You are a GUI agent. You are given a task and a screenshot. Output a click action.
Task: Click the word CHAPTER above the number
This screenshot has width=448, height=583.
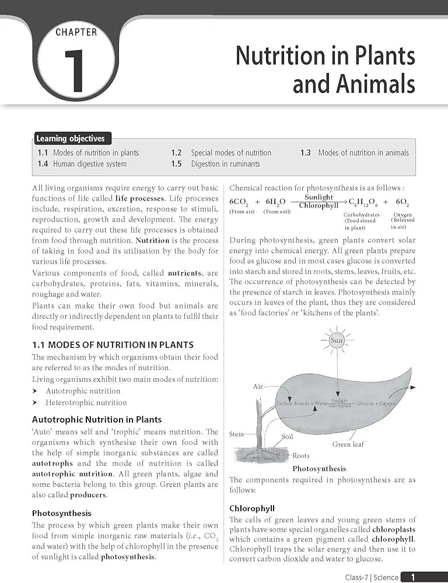(77, 32)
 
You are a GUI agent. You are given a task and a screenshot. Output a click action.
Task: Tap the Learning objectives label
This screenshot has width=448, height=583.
(71, 139)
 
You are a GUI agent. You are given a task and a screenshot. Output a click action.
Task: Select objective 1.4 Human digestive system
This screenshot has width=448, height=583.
(82, 164)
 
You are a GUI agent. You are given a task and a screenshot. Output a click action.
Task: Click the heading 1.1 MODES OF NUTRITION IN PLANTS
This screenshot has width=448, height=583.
(113, 345)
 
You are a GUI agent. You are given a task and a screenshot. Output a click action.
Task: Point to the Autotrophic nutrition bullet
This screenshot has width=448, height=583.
(83, 391)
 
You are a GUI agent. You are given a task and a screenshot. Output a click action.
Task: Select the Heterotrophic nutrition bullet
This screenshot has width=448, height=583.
(86, 402)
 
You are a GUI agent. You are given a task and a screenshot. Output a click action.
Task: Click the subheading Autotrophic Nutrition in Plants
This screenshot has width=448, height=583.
(97, 419)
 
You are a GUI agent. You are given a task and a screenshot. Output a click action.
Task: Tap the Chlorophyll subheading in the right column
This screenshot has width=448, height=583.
(252, 508)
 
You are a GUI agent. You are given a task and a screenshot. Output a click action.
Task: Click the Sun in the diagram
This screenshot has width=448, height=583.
(337, 340)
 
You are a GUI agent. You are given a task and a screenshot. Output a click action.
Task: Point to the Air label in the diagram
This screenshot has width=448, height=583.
(258, 387)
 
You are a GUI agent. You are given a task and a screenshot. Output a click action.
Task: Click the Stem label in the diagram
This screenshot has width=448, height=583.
(237, 434)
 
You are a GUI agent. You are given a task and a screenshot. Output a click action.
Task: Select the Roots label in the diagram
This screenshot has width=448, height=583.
(301, 455)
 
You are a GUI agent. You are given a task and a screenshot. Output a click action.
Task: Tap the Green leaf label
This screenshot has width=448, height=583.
(348, 444)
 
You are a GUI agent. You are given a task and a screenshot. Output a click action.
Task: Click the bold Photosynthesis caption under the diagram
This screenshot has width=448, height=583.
(319, 468)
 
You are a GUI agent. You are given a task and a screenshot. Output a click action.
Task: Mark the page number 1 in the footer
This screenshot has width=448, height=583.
(413, 577)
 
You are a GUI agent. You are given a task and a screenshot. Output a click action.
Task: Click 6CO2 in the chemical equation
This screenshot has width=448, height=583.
(240, 202)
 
